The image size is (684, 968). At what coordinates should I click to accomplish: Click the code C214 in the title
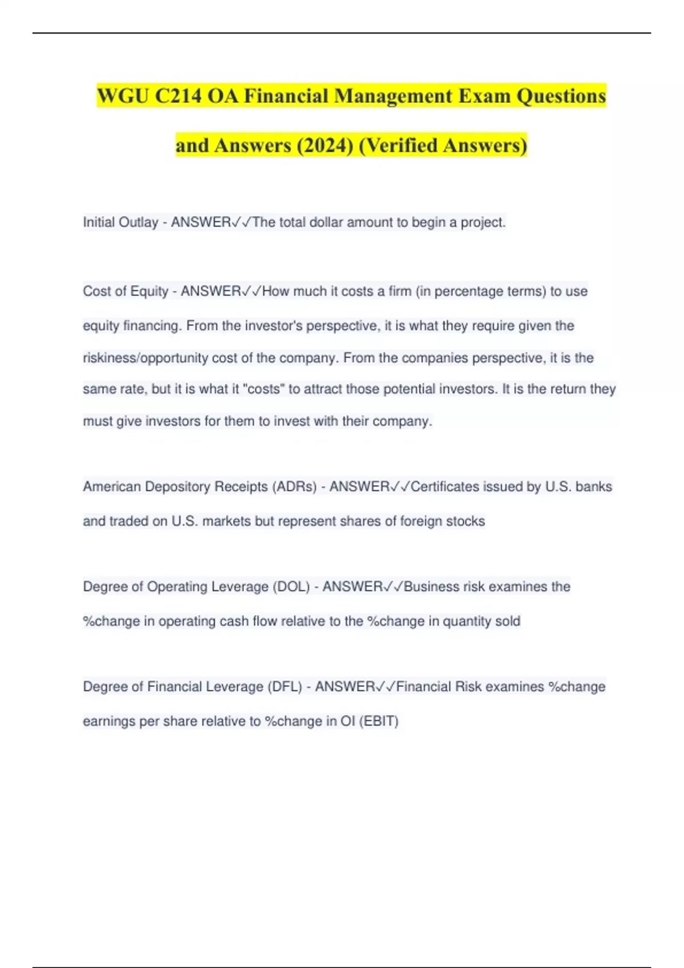coord(178,96)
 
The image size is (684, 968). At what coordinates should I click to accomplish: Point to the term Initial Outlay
coord(120,222)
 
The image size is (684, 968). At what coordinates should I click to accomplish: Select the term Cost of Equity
coord(125,292)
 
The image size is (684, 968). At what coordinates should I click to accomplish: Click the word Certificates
coord(445,487)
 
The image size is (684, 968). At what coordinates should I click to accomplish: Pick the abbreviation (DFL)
coord(284,687)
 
